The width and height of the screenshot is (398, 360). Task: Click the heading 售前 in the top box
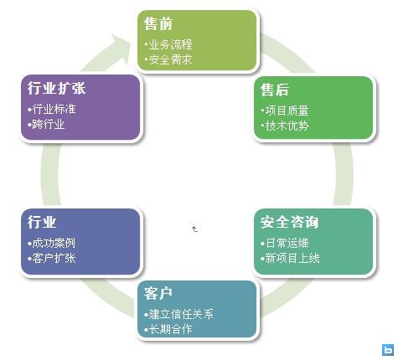[x=158, y=23]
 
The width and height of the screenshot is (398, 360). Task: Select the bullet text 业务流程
[x=170, y=44]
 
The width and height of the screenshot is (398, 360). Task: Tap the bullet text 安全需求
[x=170, y=59]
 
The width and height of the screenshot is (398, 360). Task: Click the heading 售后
[x=275, y=90]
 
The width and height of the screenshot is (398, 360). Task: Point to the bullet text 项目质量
[x=287, y=111]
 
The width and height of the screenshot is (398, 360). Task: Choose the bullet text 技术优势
[x=287, y=126]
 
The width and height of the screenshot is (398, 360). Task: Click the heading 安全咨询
[x=289, y=222]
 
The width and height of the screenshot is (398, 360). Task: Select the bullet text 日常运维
[x=287, y=243]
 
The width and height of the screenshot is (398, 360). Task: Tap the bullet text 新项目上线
[x=292, y=258]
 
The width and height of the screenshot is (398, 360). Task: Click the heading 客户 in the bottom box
[x=158, y=293]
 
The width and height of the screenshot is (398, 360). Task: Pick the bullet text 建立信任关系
[x=181, y=314]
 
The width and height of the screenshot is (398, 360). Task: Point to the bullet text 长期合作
[x=170, y=329]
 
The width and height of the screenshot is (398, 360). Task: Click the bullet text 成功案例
[x=54, y=243]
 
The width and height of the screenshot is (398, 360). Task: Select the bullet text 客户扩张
[x=54, y=258]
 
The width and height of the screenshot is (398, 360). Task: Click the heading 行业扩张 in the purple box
[x=56, y=88]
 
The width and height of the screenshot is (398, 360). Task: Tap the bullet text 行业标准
[x=54, y=109]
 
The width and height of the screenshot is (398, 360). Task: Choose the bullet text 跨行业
[x=49, y=124]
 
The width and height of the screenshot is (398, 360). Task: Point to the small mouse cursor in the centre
[x=194, y=229]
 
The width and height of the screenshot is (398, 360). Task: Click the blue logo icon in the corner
[x=388, y=350]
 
